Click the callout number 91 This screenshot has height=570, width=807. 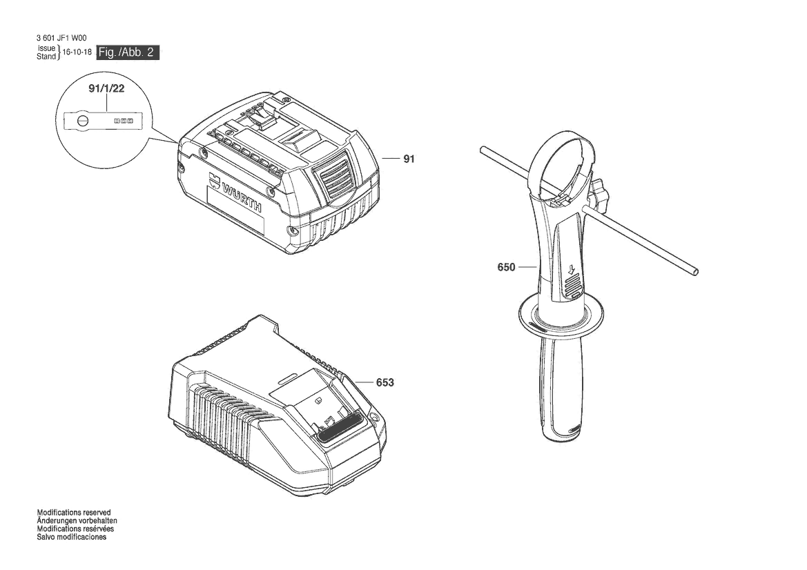[409, 159]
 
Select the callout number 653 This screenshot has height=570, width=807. [385, 382]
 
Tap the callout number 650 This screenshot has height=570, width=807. [507, 267]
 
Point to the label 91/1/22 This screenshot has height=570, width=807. [106, 88]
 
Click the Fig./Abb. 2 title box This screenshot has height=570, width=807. [128, 52]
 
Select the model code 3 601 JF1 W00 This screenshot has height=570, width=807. [61, 38]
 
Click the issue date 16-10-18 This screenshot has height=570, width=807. [77, 52]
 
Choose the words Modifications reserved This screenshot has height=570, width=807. [74, 513]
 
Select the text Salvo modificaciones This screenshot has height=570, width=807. [72, 537]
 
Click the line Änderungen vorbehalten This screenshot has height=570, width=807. [77, 520]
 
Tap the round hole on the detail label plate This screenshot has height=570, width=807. [83, 121]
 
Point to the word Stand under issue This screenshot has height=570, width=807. [46, 57]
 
